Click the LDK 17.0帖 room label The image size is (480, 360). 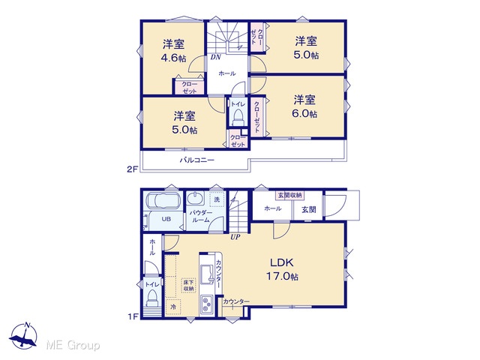(282, 269)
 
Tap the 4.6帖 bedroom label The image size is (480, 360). (173, 51)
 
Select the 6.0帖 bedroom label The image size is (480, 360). (305, 106)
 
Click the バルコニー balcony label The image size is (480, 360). (196, 160)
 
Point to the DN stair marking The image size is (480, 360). (215, 57)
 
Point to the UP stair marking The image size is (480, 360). (235, 237)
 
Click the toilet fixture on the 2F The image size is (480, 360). (238, 117)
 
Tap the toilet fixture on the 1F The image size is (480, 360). (151, 298)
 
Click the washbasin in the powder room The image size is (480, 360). (196, 199)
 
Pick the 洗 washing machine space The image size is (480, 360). (217, 199)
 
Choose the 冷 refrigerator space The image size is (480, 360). (173, 307)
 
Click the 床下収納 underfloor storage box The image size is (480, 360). (188, 285)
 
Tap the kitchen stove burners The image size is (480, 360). (208, 304)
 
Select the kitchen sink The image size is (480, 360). (207, 274)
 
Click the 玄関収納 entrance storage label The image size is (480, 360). (290, 195)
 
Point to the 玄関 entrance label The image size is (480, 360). (308, 210)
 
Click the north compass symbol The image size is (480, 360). (23, 336)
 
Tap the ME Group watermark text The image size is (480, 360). (73, 346)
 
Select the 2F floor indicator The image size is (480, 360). (133, 169)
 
